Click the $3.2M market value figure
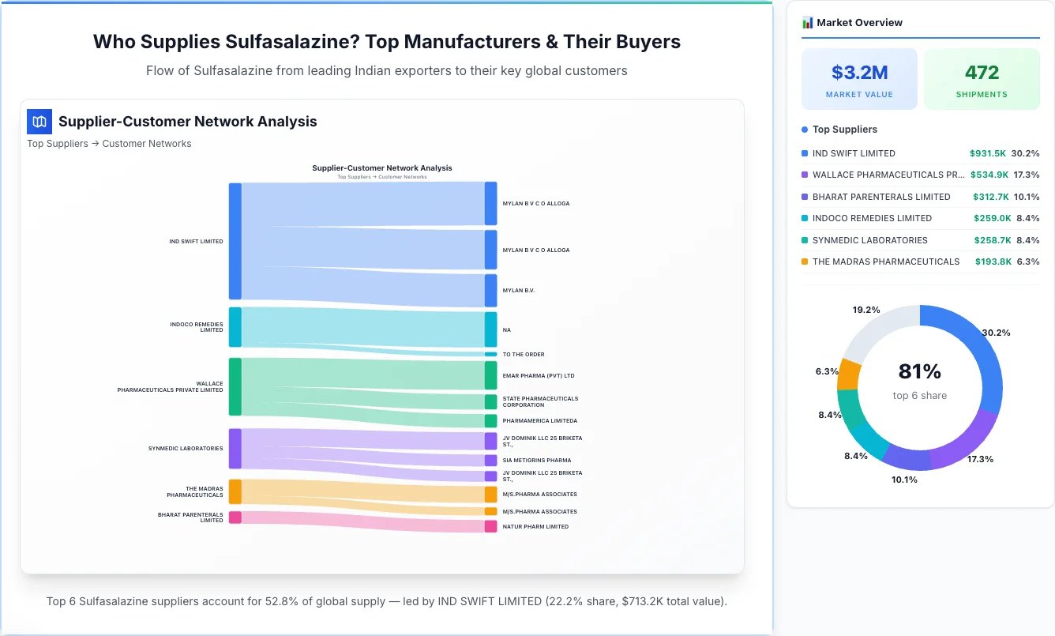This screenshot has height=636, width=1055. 859,73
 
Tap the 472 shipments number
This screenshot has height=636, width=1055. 982,73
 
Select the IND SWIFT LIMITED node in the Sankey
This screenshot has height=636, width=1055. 235,241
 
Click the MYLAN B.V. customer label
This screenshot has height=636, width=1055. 518,291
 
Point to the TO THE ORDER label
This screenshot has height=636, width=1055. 523,355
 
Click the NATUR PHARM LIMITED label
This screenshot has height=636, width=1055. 535,526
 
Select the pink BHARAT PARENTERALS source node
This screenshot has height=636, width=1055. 235,517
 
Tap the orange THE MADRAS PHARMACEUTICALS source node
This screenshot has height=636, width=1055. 235,491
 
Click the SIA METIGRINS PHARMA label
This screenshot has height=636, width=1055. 536,460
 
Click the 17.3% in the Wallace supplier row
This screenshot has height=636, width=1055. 1027,175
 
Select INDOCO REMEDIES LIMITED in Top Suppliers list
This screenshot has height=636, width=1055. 872,218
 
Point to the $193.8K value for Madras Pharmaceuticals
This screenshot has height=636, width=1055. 993,262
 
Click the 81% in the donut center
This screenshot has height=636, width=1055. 919,371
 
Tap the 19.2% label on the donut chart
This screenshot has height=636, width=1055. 866,310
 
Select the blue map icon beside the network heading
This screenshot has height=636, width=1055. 39,122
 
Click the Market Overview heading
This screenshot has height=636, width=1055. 858,23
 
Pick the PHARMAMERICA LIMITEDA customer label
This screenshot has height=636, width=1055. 539,421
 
